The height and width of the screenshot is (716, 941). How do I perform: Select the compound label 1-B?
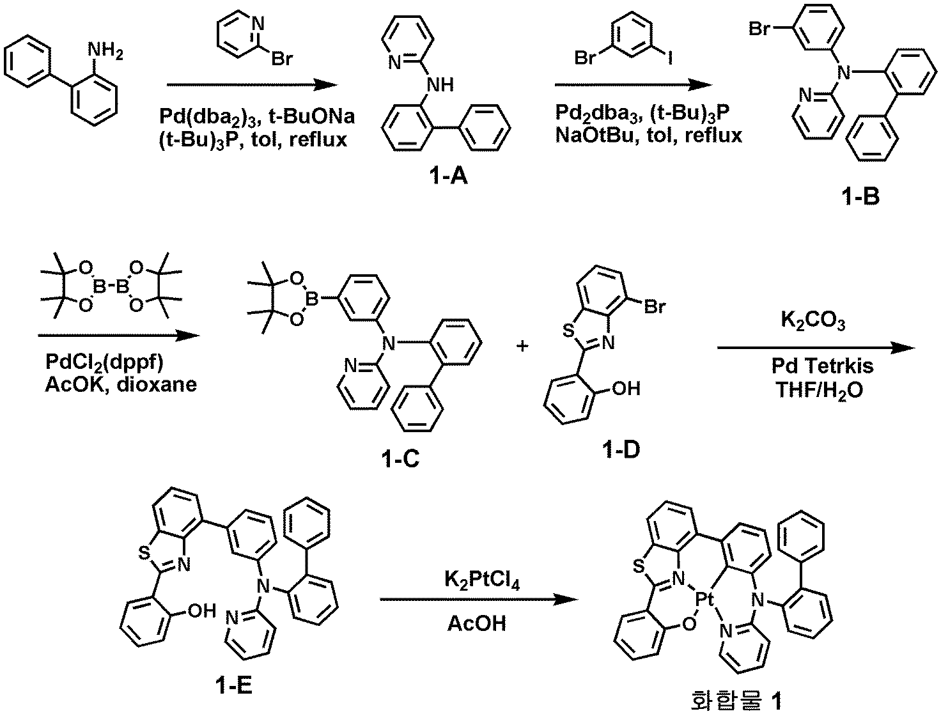click(860, 196)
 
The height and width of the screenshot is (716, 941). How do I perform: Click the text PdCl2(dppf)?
click(104, 362)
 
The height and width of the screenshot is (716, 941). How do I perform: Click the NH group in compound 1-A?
click(442, 84)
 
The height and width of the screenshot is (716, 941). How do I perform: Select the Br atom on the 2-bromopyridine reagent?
click(283, 60)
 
